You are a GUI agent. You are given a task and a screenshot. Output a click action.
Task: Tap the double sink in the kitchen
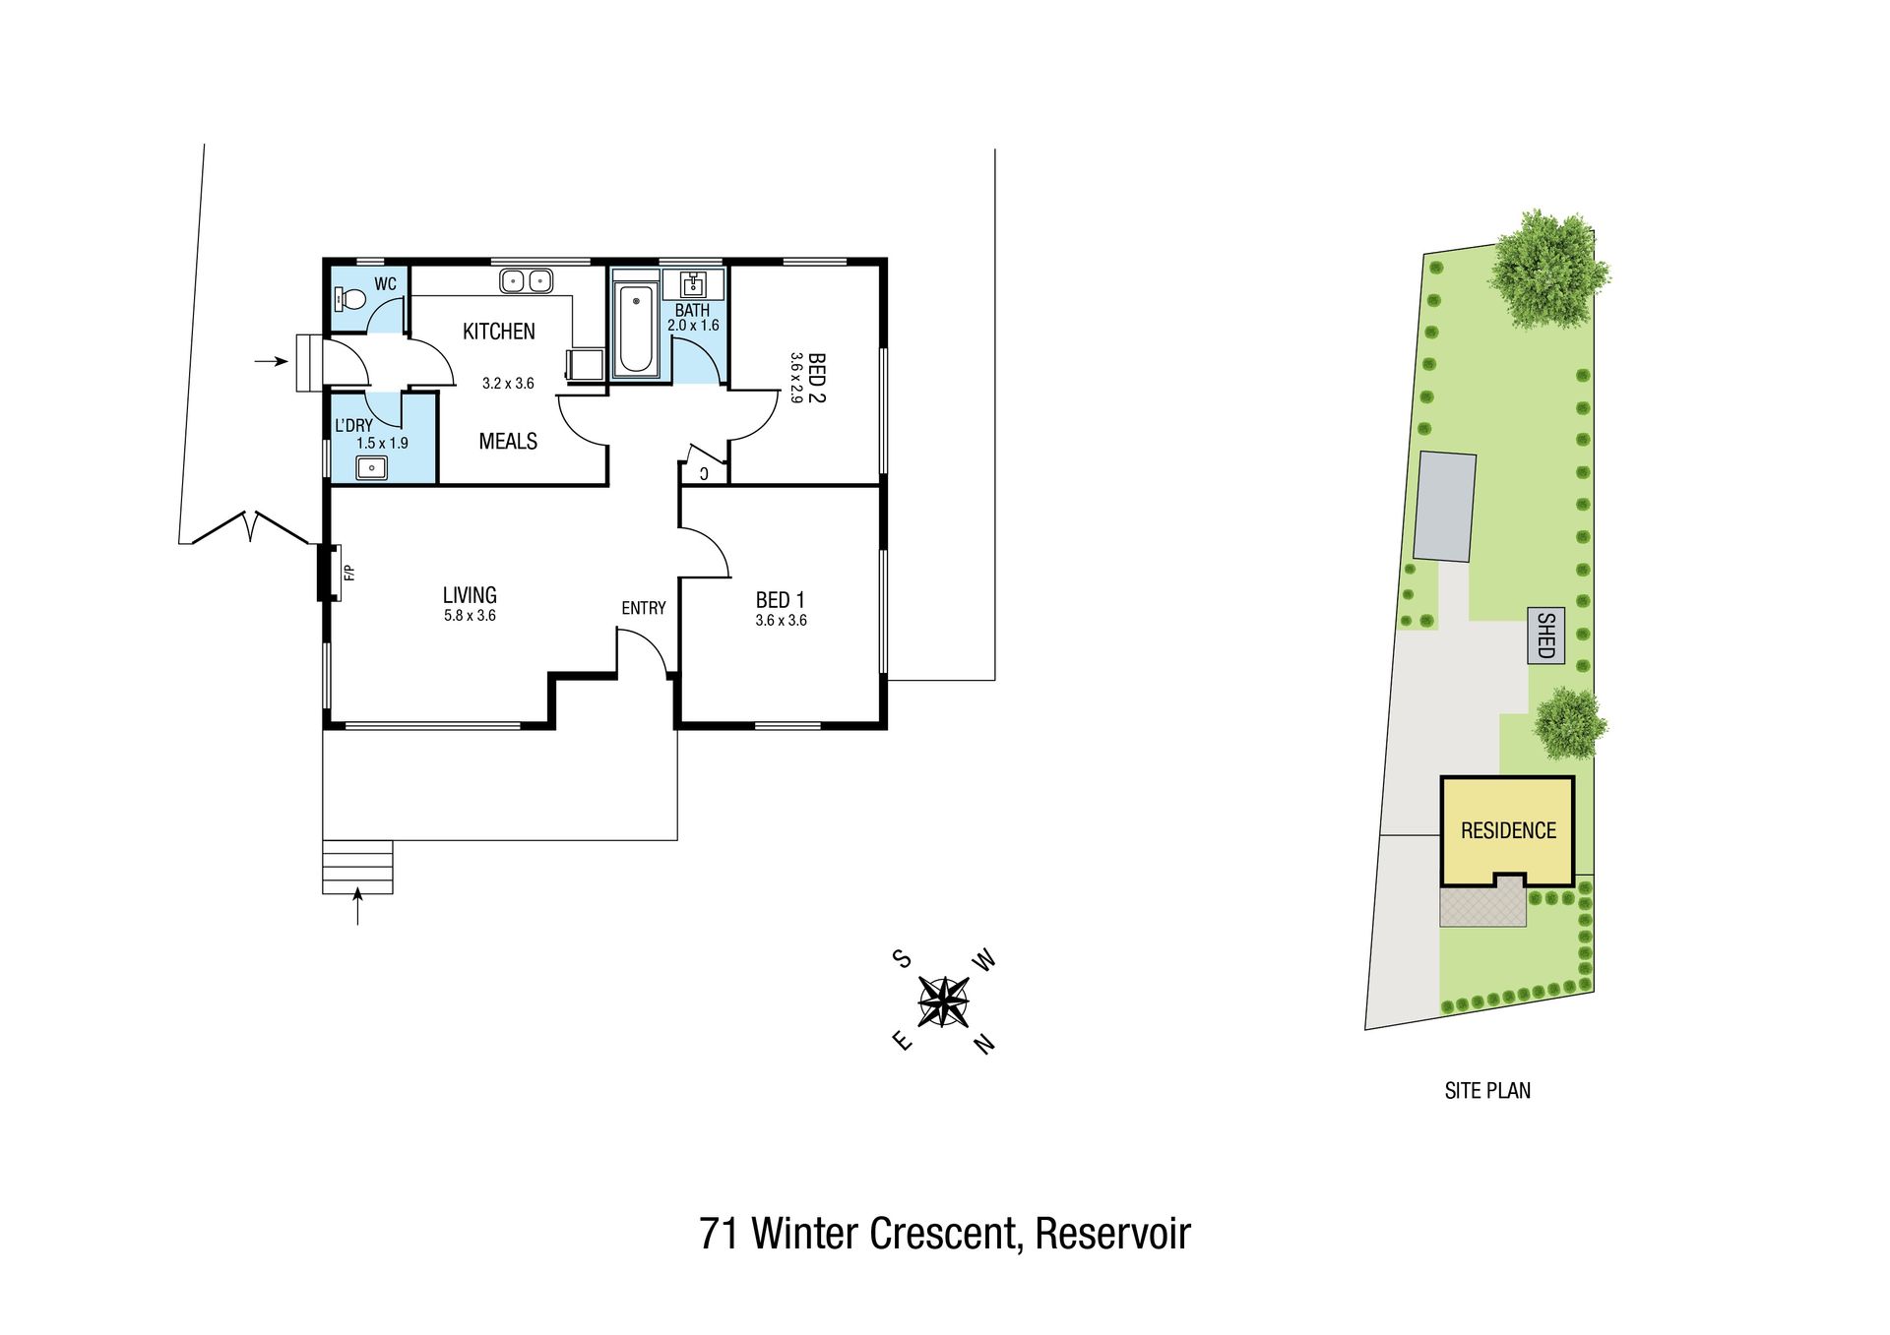[526, 281]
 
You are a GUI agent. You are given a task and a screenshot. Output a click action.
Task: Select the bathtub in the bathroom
[636, 329]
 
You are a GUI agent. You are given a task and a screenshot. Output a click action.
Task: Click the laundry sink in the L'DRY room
[371, 468]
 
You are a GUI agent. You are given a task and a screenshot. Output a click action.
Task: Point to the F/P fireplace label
[347, 572]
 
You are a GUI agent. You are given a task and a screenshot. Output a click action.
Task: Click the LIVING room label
[470, 595]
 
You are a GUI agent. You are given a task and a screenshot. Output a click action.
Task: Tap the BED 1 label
[781, 600]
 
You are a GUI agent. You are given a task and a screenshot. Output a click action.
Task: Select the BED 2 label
[816, 378]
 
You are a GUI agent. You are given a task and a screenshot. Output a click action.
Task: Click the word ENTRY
[644, 608]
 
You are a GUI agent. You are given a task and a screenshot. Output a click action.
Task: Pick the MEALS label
[508, 441]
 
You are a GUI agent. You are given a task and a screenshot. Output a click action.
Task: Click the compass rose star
[944, 1001]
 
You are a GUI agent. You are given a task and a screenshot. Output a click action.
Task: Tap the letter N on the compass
[984, 1044]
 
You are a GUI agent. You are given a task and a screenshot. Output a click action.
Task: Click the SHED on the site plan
[1545, 636]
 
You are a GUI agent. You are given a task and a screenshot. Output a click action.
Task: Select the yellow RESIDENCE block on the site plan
[1507, 831]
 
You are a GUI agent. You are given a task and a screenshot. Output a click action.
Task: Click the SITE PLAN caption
[1487, 1090]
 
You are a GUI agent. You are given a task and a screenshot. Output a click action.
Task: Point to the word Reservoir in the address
[1112, 1233]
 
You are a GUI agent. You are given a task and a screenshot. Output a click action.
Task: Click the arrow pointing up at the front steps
[357, 906]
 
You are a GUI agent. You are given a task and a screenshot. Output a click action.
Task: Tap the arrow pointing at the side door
[272, 362]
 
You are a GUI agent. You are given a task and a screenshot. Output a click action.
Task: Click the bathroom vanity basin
[693, 284]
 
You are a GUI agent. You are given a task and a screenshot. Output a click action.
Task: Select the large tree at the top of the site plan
[1548, 269]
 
